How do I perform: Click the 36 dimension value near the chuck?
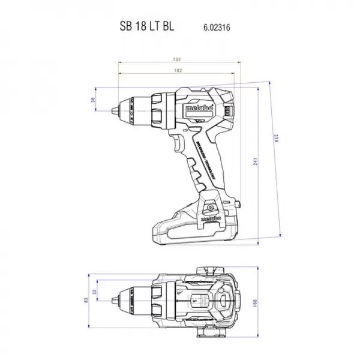pos(93,100)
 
